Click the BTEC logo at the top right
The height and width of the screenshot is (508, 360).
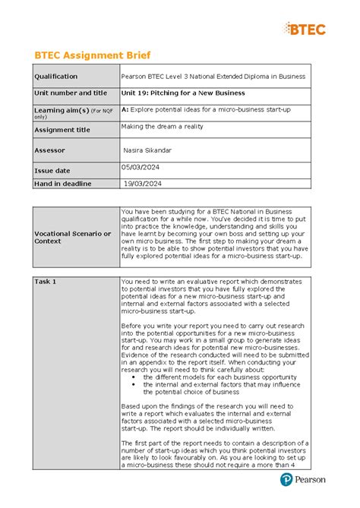(x=306, y=29)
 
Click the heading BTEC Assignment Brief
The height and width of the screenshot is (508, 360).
(x=93, y=55)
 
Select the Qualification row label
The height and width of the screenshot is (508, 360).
(x=56, y=77)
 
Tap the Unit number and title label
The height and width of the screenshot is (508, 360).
(x=71, y=93)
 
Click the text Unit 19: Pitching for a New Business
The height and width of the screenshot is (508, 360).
(x=183, y=93)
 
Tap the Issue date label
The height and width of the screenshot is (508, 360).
(x=52, y=171)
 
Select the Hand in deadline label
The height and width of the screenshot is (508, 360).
(x=63, y=184)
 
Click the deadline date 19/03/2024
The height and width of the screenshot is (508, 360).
(x=144, y=184)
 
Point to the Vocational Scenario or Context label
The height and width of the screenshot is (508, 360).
(x=71, y=237)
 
